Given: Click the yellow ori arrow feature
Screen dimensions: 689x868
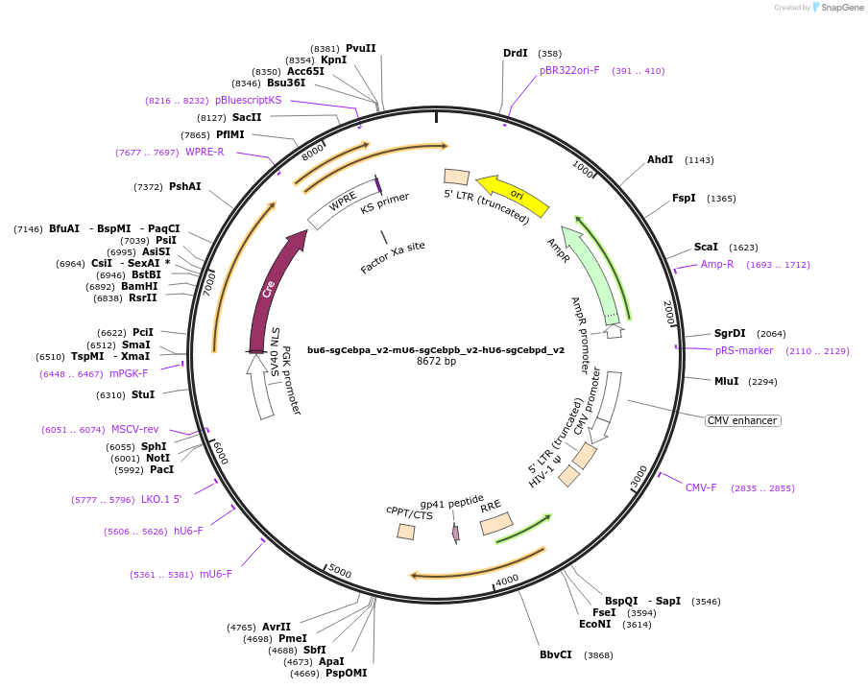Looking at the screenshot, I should click(x=513, y=194).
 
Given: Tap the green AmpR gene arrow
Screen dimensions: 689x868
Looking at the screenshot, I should click(x=591, y=273).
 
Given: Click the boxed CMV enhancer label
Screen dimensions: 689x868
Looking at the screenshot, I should click(x=742, y=420).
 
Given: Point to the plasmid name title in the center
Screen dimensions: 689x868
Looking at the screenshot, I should click(x=436, y=350).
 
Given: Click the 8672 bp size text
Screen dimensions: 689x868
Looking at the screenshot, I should click(x=436, y=362).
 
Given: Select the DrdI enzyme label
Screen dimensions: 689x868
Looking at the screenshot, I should click(x=516, y=53).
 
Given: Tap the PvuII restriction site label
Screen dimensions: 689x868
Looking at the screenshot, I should click(x=361, y=48).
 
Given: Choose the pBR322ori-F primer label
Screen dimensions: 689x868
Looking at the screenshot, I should click(x=569, y=70).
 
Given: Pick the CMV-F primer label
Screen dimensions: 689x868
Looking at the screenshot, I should click(x=701, y=487).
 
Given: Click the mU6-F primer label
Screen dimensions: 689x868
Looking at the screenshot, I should click(x=216, y=574).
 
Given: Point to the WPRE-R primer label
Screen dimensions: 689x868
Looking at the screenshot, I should click(x=205, y=152).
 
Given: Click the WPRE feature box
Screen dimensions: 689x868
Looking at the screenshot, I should click(x=343, y=204).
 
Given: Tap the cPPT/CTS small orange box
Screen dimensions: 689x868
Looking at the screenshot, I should click(x=407, y=531).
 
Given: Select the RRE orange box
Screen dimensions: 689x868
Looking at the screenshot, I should click(x=495, y=523).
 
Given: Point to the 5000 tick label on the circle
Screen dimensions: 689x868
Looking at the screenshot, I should click(x=339, y=571).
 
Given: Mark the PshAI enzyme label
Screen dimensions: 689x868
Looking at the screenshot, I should click(x=185, y=186).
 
